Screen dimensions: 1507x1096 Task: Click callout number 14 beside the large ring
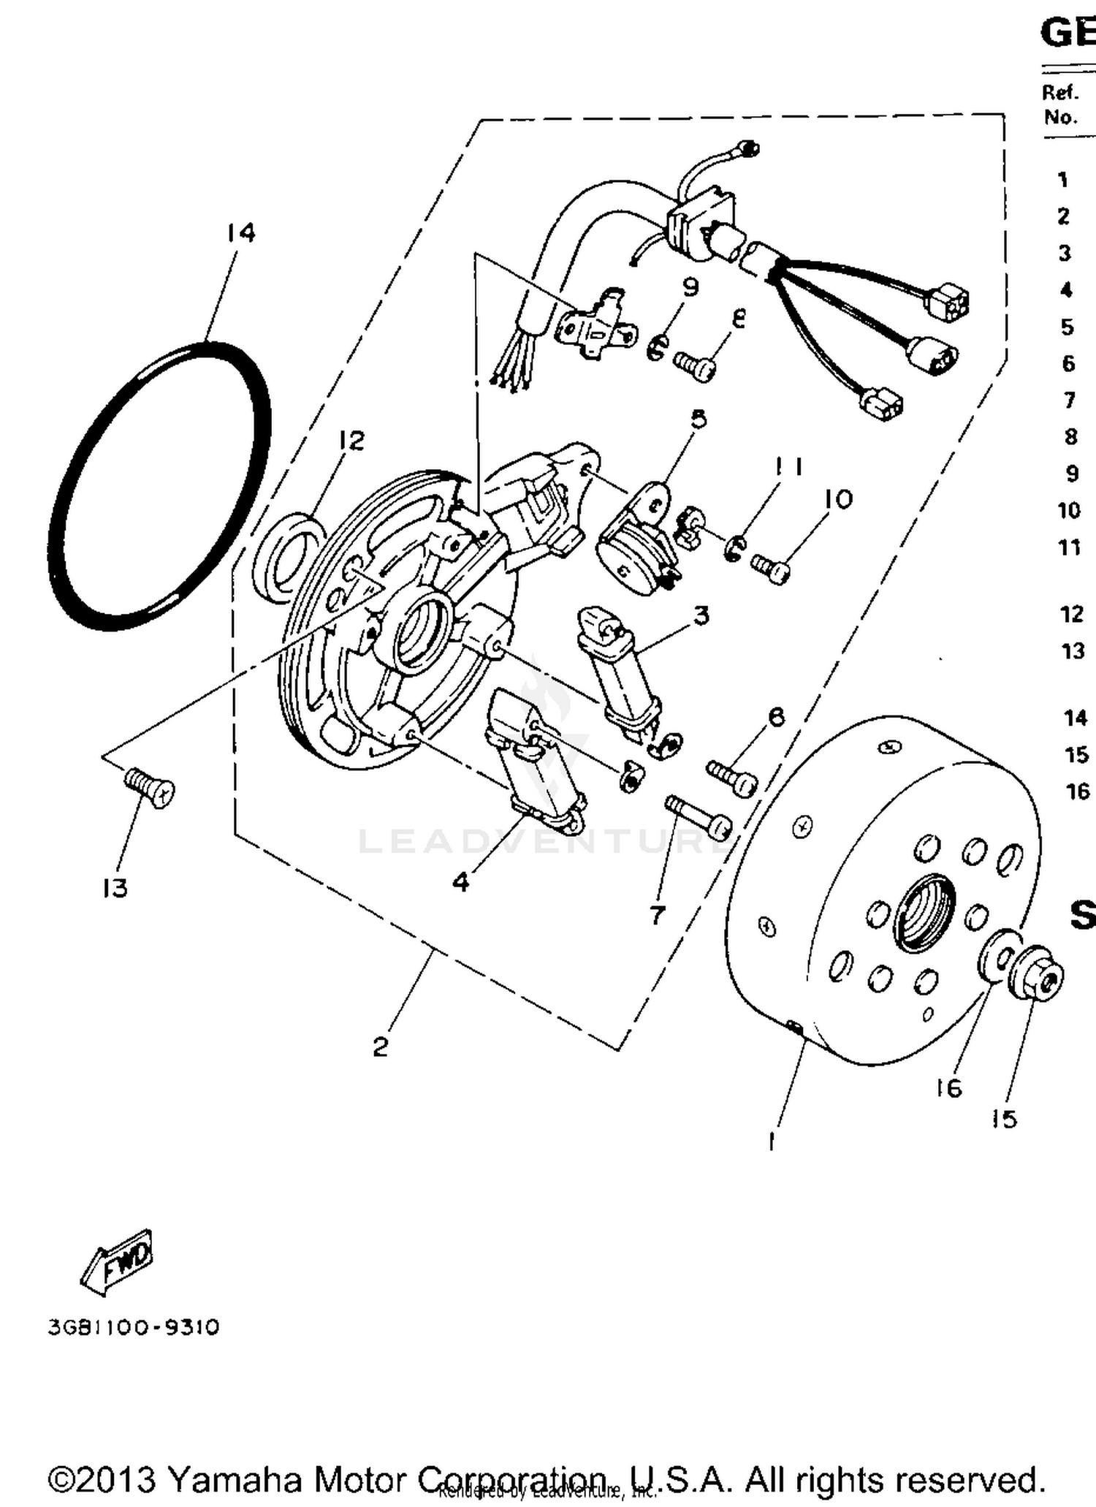[x=240, y=233]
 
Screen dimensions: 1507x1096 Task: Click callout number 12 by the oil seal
[x=351, y=441]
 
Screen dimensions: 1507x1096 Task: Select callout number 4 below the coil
[x=460, y=882]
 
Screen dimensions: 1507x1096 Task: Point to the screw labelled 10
[x=770, y=567]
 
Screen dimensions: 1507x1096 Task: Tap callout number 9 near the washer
[x=690, y=287]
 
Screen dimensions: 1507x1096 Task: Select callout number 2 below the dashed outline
[x=380, y=1047]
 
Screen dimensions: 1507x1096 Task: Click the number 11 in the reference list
[x=1069, y=547]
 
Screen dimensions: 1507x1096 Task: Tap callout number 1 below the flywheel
[x=772, y=1141]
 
